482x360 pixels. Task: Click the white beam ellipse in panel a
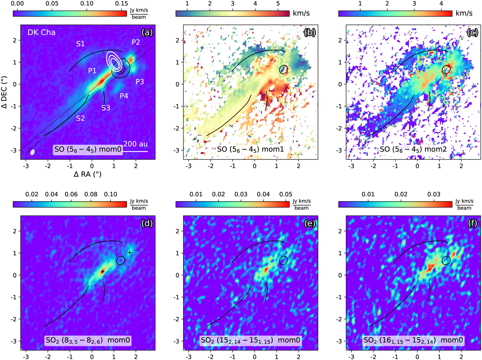[33, 152]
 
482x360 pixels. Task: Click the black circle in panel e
[284, 260]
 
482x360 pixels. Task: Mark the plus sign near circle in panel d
[129, 252]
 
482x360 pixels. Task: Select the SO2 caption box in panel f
[413, 341]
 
